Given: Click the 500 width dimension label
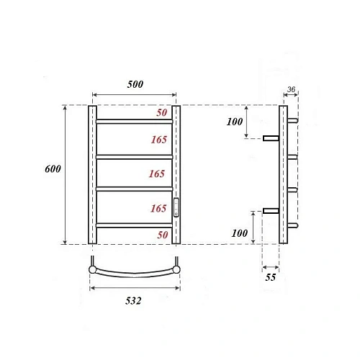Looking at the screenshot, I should coord(135,84).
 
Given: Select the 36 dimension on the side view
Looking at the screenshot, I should coord(291,90).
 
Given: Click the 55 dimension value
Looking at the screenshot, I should coord(271,276).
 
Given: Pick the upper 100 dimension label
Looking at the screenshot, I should coord(235,122).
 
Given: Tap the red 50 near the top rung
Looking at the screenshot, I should coord(163,114).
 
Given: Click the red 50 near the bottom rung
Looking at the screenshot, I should coord(163,235).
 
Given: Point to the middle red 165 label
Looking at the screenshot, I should coord(158,174).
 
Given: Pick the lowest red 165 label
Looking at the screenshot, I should coord(158,209).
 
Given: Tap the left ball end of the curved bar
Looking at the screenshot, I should coord(92,270).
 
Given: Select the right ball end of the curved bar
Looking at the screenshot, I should coord(176,270).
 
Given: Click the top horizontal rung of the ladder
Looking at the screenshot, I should coord(135,121).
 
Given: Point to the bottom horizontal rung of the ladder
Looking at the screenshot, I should coord(135,225).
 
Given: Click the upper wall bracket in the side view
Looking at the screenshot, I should coord(271,138).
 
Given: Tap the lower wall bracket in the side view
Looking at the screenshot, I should coord(271,210).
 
